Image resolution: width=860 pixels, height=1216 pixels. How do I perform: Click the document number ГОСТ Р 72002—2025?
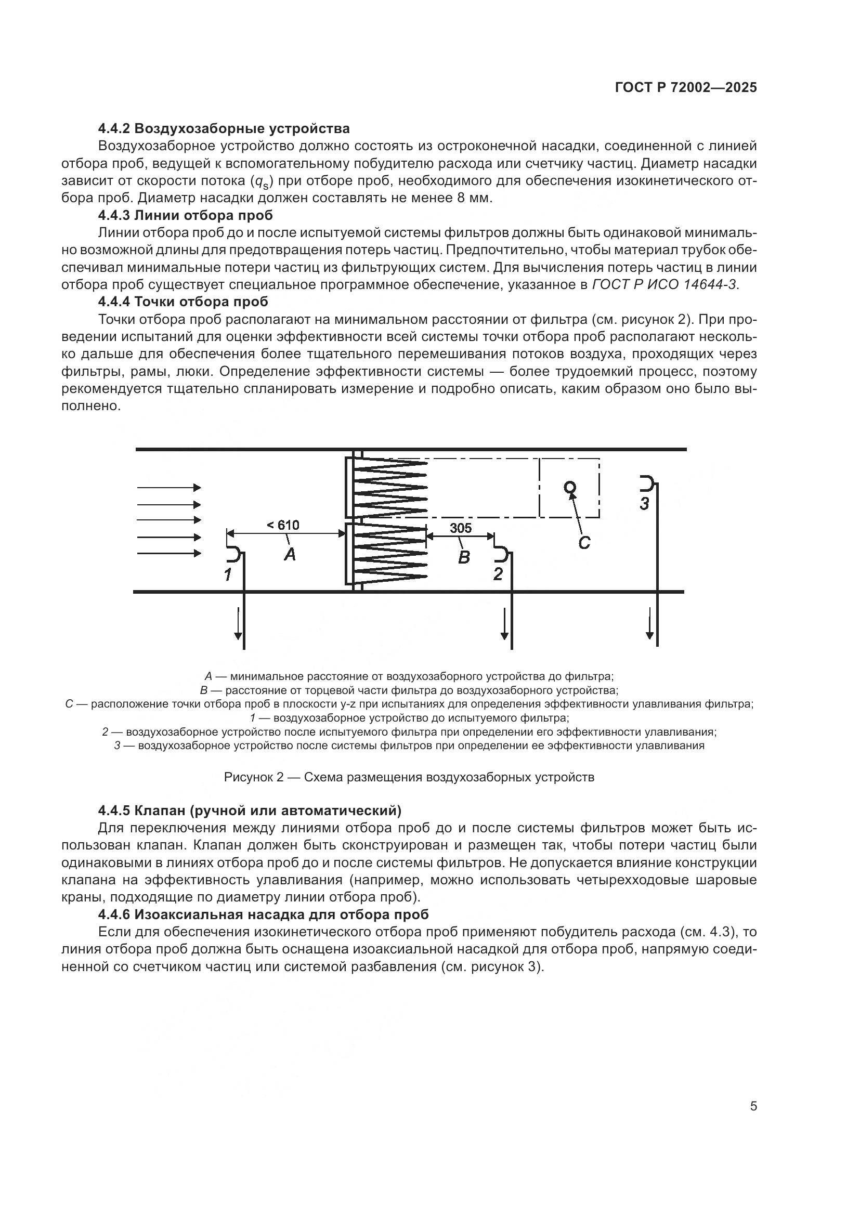[x=686, y=88]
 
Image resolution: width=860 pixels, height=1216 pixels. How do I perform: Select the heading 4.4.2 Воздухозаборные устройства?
[x=224, y=129]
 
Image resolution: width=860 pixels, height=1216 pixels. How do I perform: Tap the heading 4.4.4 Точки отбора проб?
[x=183, y=302]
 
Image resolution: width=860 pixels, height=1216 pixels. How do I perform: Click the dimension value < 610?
[x=283, y=526]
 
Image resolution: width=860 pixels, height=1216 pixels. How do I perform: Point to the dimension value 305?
[x=460, y=528]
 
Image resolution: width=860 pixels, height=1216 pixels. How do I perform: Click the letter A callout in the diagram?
[x=290, y=555]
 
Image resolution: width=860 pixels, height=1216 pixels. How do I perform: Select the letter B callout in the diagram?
[x=463, y=557]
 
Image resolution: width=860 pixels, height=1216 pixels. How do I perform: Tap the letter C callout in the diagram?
[x=583, y=543]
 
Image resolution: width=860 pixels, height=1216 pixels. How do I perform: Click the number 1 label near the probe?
[x=228, y=574]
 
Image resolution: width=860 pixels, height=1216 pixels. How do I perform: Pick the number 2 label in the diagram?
[x=498, y=574]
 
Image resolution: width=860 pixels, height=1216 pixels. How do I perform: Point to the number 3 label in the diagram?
[x=644, y=504]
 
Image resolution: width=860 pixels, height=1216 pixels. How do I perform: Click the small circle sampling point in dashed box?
[x=570, y=487]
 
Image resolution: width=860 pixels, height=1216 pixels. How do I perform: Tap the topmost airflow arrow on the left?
[x=169, y=487]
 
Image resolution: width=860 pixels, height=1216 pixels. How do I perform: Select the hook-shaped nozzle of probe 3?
[x=647, y=483]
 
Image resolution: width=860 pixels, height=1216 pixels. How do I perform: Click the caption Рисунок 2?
[x=409, y=777]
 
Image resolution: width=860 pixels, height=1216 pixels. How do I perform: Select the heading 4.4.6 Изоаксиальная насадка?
[x=263, y=914]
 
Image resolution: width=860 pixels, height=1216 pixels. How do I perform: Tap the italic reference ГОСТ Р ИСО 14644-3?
[x=664, y=284]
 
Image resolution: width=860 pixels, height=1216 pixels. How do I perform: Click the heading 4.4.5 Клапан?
[x=250, y=811]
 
